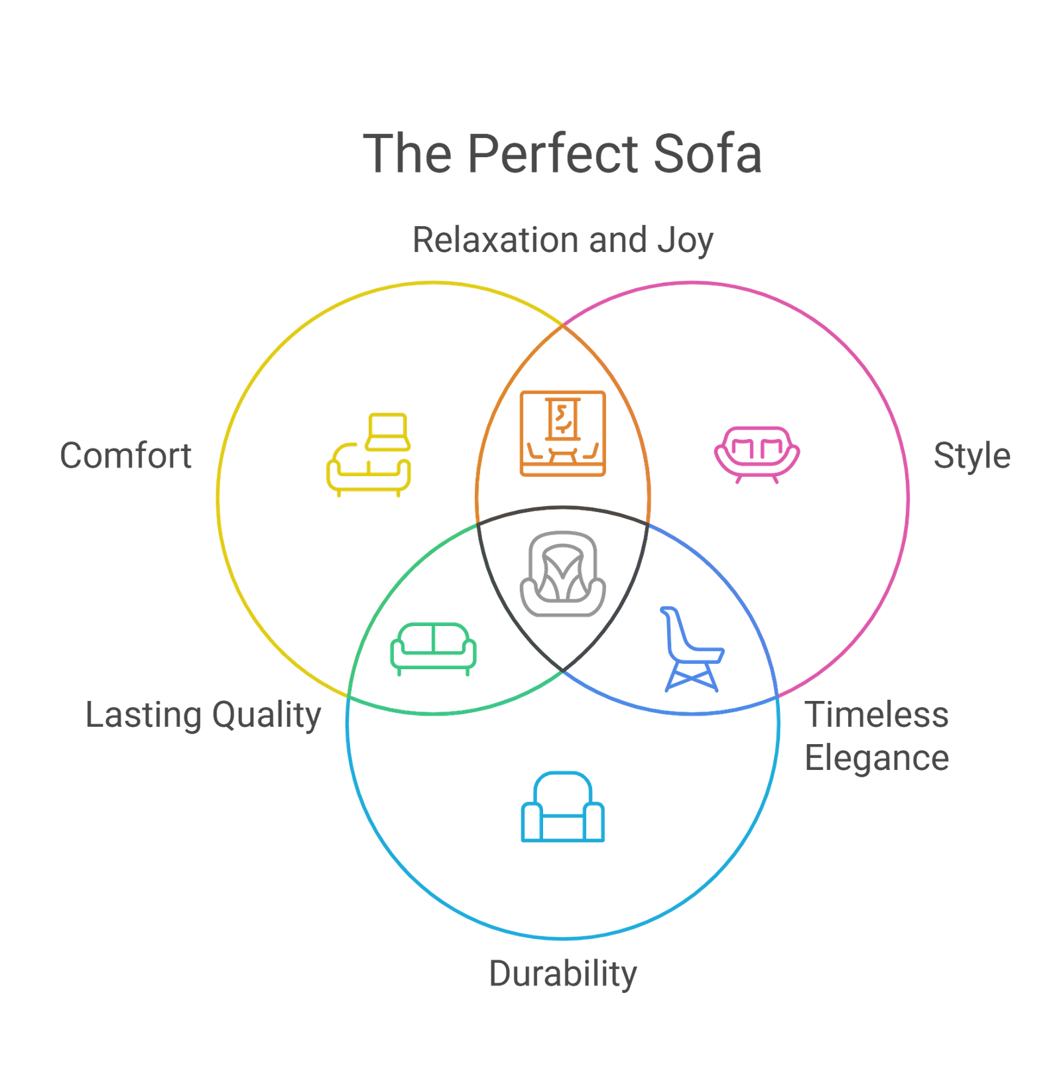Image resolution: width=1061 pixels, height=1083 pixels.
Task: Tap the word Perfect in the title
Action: (x=554, y=154)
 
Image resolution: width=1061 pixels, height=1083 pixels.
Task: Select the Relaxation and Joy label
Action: (x=562, y=240)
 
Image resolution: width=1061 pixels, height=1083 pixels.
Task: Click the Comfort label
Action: (x=125, y=456)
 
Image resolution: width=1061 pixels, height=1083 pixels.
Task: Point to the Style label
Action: (x=971, y=456)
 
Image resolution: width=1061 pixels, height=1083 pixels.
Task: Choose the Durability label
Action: (x=562, y=974)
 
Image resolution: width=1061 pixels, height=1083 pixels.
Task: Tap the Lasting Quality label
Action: (x=203, y=716)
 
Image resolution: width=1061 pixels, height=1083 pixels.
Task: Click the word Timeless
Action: (x=877, y=715)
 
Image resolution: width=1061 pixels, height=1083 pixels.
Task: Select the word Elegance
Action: (x=877, y=758)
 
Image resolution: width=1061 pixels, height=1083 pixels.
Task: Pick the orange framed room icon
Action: (x=562, y=433)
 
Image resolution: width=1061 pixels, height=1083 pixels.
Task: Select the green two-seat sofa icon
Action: (x=433, y=648)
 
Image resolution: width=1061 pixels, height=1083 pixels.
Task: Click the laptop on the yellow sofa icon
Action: (x=389, y=431)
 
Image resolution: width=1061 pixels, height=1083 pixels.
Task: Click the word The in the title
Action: (x=407, y=154)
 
